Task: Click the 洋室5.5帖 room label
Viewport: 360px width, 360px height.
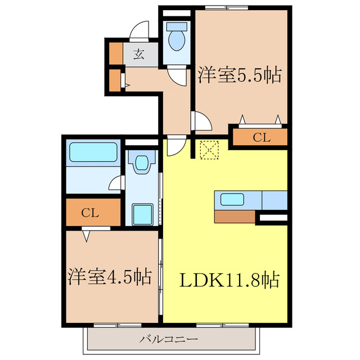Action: point(239,75)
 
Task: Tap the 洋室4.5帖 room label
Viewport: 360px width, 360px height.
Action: point(110,277)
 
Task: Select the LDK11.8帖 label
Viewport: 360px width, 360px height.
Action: point(229,279)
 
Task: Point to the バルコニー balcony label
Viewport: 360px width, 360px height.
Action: point(169,340)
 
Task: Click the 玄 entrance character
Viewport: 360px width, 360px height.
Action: point(138,55)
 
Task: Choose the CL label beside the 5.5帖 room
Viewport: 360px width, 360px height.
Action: point(260,137)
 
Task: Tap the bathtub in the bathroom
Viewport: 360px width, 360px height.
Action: point(93,152)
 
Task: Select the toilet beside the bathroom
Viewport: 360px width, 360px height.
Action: point(141,163)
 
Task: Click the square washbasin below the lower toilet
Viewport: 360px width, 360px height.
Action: point(141,214)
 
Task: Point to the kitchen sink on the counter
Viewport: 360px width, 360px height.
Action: point(232,199)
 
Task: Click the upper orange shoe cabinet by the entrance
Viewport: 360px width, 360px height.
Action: point(115,52)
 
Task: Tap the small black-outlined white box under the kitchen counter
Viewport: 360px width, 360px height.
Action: point(272,217)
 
